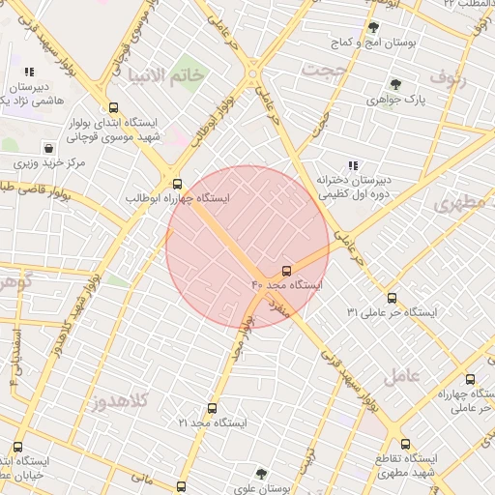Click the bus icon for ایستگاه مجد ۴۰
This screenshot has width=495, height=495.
click(286, 271)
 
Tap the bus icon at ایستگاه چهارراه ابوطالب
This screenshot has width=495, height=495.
click(176, 183)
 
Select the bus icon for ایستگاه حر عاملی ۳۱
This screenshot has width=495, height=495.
click(392, 298)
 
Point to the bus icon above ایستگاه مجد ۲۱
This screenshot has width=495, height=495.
click(213, 409)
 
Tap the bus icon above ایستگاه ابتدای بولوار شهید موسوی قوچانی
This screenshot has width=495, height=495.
click(114, 108)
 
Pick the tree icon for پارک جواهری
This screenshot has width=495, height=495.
click(394, 84)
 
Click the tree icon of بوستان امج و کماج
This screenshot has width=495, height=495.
click(373, 28)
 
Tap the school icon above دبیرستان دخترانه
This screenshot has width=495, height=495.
click(353, 164)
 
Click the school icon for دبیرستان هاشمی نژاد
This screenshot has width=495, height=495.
click(29, 72)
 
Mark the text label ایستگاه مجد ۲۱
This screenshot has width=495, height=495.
click(213, 423)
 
